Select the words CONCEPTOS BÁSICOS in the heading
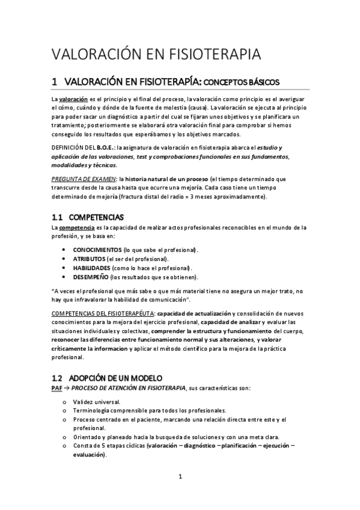(242, 82)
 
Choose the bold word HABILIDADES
(91, 267)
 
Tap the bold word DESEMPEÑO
(91, 277)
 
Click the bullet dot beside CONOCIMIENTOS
(64, 249)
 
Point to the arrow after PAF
(67, 389)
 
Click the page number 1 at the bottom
(180, 477)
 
